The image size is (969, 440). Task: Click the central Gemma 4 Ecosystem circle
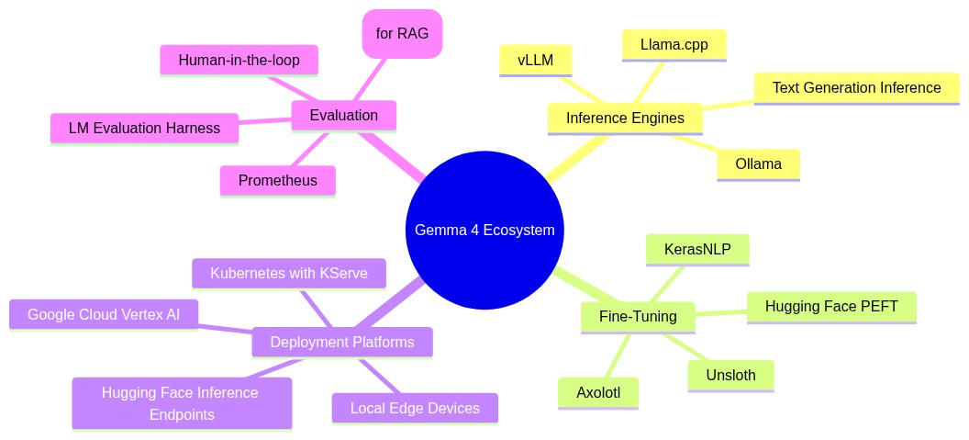click(x=484, y=230)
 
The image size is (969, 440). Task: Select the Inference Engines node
click(x=624, y=118)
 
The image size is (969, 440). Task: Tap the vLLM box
click(x=536, y=60)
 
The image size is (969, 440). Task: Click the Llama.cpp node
click(x=674, y=44)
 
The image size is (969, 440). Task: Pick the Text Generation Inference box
click(x=856, y=88)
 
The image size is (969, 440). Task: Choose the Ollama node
click(x=758, y=164)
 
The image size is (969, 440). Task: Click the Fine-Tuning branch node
click(x=637, y=317)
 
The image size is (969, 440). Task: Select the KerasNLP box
click(x=697, y=249)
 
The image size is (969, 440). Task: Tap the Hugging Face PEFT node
click(x=830, y=307)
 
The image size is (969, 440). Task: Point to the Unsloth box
click(x=730, y=375)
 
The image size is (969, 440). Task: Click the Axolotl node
click(x=598, y=392)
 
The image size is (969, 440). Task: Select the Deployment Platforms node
click(x=341, y=343)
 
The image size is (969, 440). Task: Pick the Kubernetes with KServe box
click(x=288, y=274)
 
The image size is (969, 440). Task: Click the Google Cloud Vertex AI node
click(x=104, y=314)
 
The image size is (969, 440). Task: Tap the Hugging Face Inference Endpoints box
click(x=182, y=403)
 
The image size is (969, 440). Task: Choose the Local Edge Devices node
click(x=415, y=408)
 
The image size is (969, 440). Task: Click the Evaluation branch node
click(x=343, y=116)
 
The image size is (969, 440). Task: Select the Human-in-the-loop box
click(x=239, y=60)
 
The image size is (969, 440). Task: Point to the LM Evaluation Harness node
click(x=144, y=129)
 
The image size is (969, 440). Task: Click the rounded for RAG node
click(x=402, y=34)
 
